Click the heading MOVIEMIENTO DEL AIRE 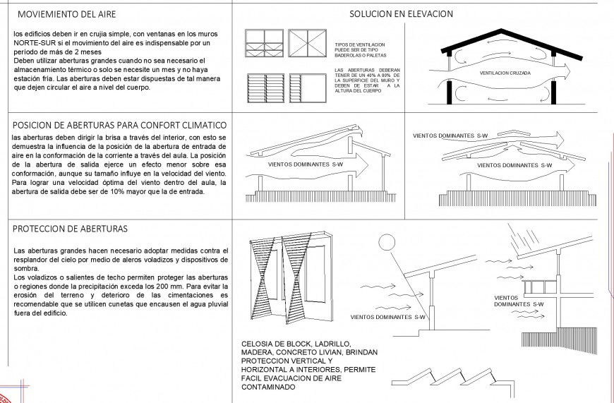click(67, 14)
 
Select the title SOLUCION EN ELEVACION click(401, 13)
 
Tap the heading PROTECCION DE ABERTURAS click(70, 229)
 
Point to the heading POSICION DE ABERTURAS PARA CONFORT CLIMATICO click(119, 124)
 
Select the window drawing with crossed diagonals click(307, 43)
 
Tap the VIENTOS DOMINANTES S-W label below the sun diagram click(380, 317)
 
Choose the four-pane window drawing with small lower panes click(263, 43)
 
